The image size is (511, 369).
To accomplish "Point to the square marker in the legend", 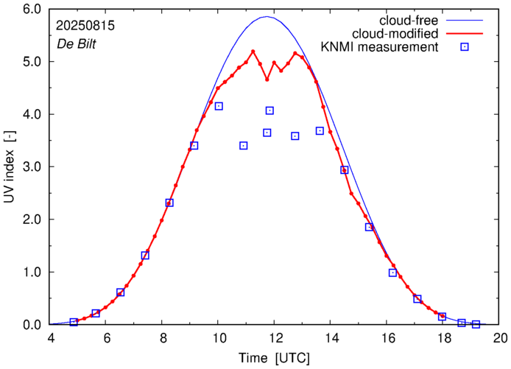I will coord(465,48).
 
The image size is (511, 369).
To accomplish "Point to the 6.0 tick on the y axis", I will coord(33,10).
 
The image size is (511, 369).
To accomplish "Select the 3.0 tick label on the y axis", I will coord(33,167).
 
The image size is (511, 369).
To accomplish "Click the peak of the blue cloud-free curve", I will coord(267,17).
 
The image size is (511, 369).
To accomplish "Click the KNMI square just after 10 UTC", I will coord(219,106).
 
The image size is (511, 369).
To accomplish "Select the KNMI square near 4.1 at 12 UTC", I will coord(269,110).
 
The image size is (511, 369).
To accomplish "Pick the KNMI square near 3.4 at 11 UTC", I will coord(244,146).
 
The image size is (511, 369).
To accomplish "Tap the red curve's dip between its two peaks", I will coord(267,79).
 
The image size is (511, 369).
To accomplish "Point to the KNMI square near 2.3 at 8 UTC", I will coord(169,203).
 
